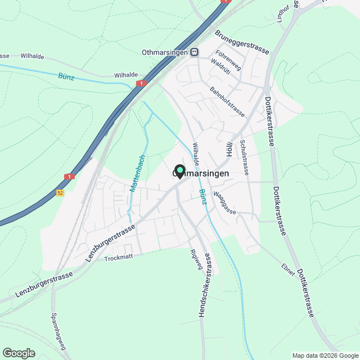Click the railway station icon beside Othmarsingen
point(194,52)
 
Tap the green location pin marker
point(179,171)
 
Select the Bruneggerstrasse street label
point(242,42)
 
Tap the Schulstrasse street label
point(245,158)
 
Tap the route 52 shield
point(60,193)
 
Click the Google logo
point(19,353)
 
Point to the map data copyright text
point(325,355)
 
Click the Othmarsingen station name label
point(163,52)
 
